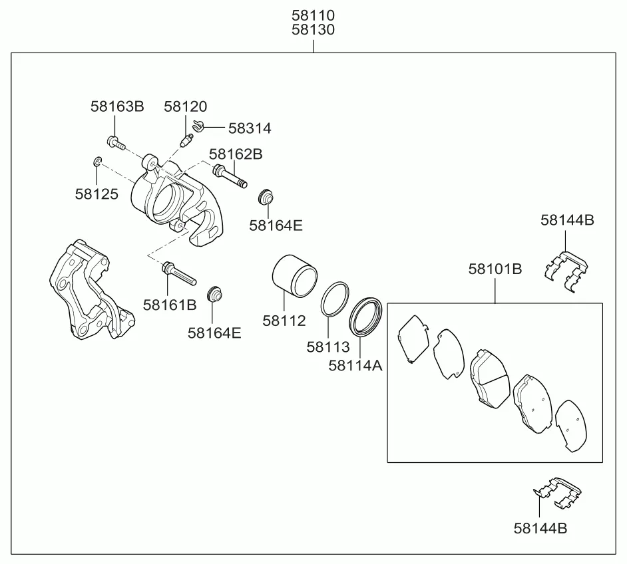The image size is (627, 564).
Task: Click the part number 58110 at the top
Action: click(x=313, y=15)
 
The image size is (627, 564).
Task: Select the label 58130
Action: click(x=313, y=29)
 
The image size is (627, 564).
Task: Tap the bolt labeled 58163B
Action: click(x=116, y=142)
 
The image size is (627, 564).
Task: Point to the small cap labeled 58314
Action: click(x=198, y=126)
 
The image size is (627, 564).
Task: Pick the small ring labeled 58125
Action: click(x=97, y=162)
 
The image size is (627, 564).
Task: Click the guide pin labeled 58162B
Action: click(x=230, y=176)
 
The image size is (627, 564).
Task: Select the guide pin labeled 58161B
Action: click(x=179, y=273)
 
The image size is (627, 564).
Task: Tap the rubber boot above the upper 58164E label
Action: click(x=266, y=196)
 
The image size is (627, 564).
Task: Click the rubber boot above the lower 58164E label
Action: click(x=215, y=295)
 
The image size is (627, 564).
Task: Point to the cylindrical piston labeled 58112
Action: click(x=295, y=276)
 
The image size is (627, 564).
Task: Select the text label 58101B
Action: click(x=495, y=269)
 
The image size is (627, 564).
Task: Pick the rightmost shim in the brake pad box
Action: click(x=571, y=426)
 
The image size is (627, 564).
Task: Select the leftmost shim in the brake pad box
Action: click(x=413, y=339)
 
